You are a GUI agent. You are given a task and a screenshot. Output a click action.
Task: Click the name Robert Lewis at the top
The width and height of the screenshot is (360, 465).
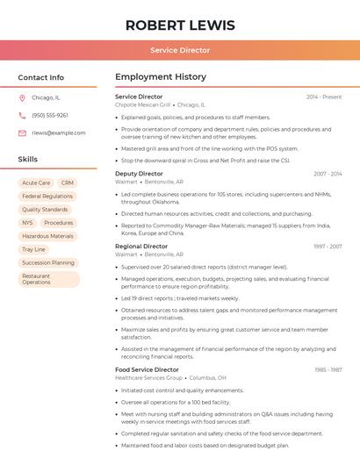pyautogui.click(x=180, y=25)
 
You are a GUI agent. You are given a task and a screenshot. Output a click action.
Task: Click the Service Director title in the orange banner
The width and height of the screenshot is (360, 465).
pyautogui.click(x=180, y=50)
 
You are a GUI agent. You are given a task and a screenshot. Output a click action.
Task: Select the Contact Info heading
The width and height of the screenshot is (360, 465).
pyautogui.click(x=41, y=77)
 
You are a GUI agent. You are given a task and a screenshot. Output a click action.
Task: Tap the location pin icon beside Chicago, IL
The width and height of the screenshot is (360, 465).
pyautogui.click(x=22, y=98)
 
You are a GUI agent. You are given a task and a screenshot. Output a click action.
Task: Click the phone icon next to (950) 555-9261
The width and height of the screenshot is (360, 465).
pyautogui.click(x=22, y=115)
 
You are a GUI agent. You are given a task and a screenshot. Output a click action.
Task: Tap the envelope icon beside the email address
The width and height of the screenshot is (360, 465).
pyautogui.click(x=22, y=132)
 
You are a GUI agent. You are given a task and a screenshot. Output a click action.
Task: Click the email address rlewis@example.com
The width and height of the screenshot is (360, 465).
pyautogui.click(x=59, y=132)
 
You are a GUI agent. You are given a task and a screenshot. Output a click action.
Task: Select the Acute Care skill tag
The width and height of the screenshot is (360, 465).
pyautogui.click(x=36, y=183)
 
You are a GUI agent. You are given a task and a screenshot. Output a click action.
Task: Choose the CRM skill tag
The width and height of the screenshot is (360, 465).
pyautogui.click(x=68, y=183)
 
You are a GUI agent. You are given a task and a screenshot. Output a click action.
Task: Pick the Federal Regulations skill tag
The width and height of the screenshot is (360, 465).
pyautogui.click(x=47, y=197)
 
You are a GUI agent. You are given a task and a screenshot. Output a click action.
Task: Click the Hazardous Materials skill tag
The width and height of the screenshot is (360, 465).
pyautogui.click(x=47, y=236)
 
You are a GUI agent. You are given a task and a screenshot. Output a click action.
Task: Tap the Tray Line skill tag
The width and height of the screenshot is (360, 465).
pyautogui.click(x=33, y=249)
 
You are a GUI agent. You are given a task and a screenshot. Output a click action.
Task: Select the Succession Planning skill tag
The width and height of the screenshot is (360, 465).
pyautogui.click(x=48, y=262)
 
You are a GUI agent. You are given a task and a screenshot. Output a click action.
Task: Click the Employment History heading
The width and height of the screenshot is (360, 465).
pyautogui.click(x=161, y=77)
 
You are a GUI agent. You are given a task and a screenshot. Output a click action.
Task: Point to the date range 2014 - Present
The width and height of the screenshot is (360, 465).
pyautogui.click(x=323, y=97)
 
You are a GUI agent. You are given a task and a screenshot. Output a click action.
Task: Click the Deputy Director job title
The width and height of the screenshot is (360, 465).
pyautogui.click(x=139, y=174)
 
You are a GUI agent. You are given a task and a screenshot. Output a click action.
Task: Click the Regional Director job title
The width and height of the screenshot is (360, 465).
pyautogui.click(x=141, y=247)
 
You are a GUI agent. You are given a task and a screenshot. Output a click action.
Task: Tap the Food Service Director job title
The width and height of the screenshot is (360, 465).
pyautogui.click(x=147, y=369)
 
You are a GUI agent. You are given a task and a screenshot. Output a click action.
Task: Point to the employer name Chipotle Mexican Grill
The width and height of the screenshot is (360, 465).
pyautogui.click(x=142, y=104)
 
